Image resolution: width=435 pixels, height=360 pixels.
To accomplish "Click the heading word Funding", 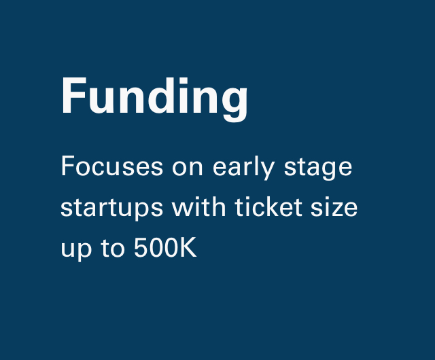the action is click(x=154, y=99).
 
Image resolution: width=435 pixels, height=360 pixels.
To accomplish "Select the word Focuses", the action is click(x=111, y=166).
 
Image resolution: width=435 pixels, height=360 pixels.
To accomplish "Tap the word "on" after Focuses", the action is click(x=188, y=168).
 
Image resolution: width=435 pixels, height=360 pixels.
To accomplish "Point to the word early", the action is click(x=244, y=167).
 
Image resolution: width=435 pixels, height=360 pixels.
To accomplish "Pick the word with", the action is click(x=198, y=206).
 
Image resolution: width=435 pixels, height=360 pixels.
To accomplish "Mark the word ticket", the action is click(x=268, y=206).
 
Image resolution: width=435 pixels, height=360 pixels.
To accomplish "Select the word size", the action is click(x=334, y=206).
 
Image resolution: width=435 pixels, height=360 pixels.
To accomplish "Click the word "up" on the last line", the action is click(x=76, y=249).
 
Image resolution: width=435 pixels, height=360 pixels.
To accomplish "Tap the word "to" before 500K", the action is click(x=113, y=247).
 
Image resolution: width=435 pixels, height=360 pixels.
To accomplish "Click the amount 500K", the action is click(x=165, y=247).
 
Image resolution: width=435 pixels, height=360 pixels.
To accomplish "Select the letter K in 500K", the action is click(x=188, y=247).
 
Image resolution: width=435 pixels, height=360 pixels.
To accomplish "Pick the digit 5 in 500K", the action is click(x=141, y=247).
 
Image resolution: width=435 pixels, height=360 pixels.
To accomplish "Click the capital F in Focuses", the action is click(x=67, y=166).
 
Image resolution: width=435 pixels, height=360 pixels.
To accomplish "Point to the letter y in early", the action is click(x=267, y=170).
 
